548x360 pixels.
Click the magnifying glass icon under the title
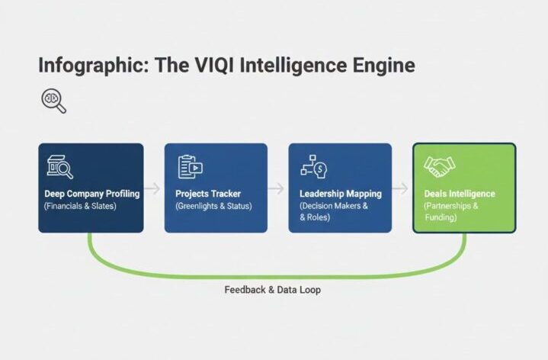pos(53,101)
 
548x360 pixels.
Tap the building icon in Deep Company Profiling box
pos(59,167)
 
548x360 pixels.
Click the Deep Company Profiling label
pos(91,194)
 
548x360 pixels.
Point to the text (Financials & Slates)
pos(81,206)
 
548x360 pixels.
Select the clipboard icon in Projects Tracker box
pos(189,166)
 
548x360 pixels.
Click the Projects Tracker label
pos(208,194)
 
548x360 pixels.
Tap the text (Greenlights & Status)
pos(214,206)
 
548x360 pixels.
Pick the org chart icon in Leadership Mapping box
pos(313,166)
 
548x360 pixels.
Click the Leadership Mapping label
pos(339,194)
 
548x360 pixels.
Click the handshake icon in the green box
pos(439,166)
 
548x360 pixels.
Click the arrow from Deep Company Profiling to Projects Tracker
pos(153,188)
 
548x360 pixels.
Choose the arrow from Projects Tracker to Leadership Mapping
pos(277,188)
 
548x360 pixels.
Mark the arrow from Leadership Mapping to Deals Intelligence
pos(400,188)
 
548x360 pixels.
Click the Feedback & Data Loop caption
pos(272,290)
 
